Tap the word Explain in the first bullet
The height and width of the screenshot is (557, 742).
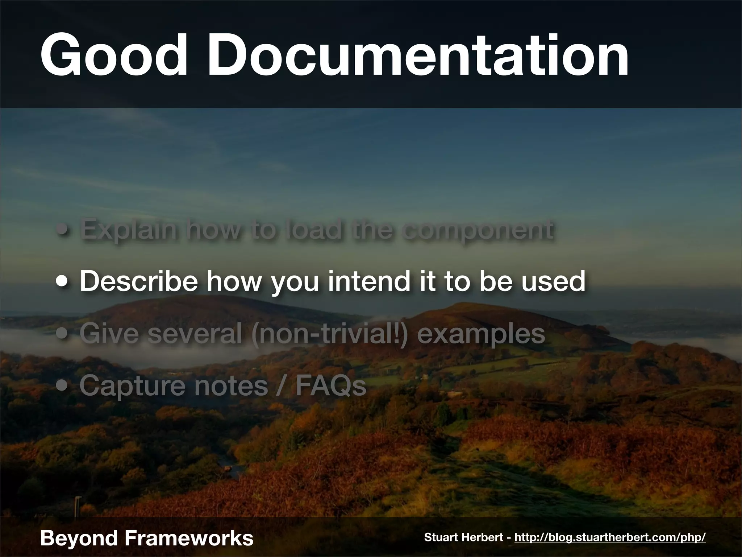129,230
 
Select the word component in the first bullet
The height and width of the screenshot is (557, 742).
478,230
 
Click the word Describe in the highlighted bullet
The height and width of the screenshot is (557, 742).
139,281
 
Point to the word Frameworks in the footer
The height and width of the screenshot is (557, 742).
189,537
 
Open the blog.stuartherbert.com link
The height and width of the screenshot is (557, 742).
610,537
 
